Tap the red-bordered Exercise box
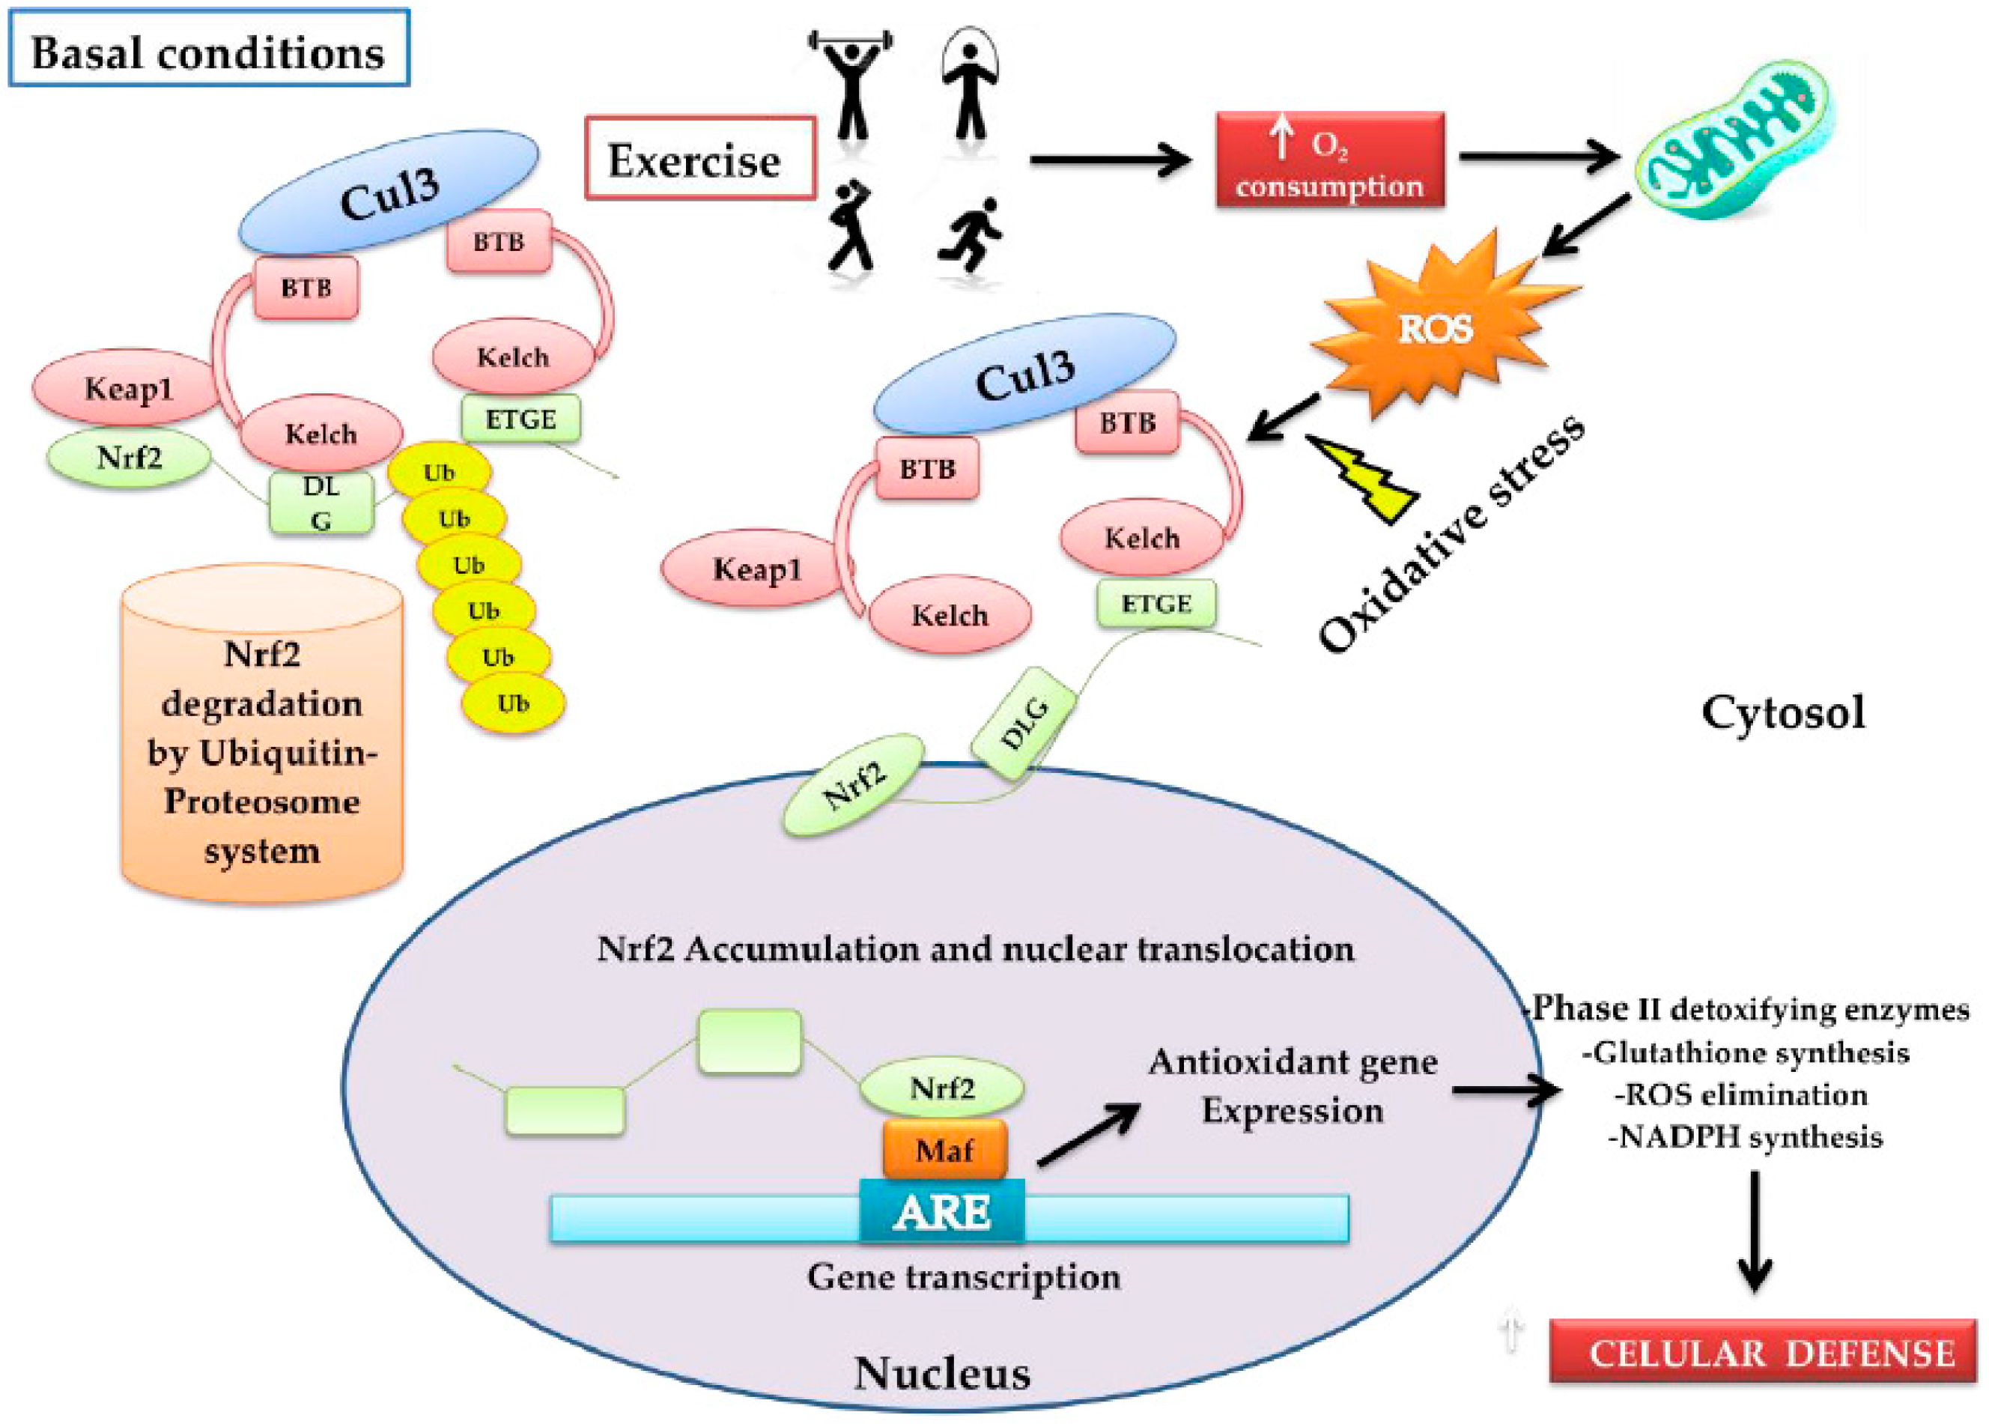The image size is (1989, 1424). click(x=699, y=159)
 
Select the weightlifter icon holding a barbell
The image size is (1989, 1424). click(x=850, y=83)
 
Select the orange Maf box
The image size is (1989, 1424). click(x=944, y=1148)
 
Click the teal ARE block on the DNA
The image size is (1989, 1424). click(x=941, y=1213)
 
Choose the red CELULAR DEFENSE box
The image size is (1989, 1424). click(x=1762, y=1351)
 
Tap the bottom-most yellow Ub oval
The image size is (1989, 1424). click(x=514, y=703)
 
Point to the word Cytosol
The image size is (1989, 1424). click(x=1782, y=712)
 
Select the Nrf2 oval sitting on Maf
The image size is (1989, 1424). click(x=941, y=1088)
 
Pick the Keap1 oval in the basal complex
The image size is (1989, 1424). click(x=127, y=387)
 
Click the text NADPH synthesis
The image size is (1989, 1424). click(x=1744, y=1137)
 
